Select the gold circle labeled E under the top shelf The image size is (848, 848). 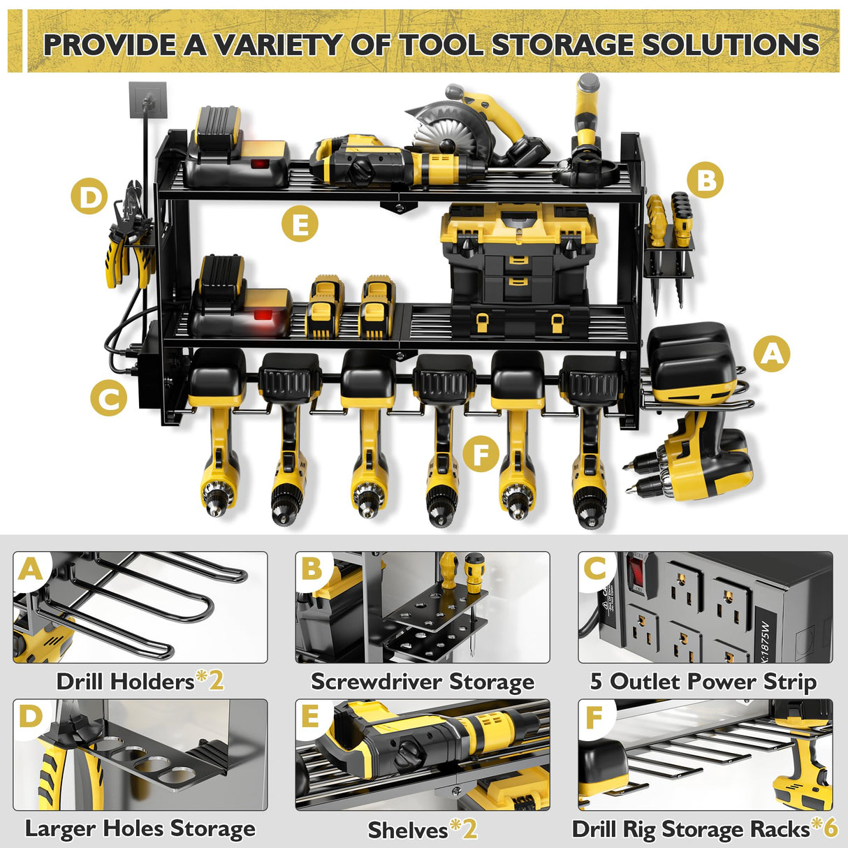coord(300,224)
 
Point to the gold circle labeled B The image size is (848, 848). coord(705,180)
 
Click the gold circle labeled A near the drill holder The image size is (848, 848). coord(771,353)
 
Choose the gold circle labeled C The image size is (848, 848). coord(109,399)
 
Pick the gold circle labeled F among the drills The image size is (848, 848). coord(481,454)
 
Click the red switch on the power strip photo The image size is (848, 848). coord(637,571)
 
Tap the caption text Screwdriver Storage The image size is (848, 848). coord(423,681)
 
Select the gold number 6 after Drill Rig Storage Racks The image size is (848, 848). coord(830,828)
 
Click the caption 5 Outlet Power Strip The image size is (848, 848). coord(703,681)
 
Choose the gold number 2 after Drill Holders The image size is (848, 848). coord(216,680)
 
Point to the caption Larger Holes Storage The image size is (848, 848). coord(140,829)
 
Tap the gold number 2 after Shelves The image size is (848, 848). coord(469,829)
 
